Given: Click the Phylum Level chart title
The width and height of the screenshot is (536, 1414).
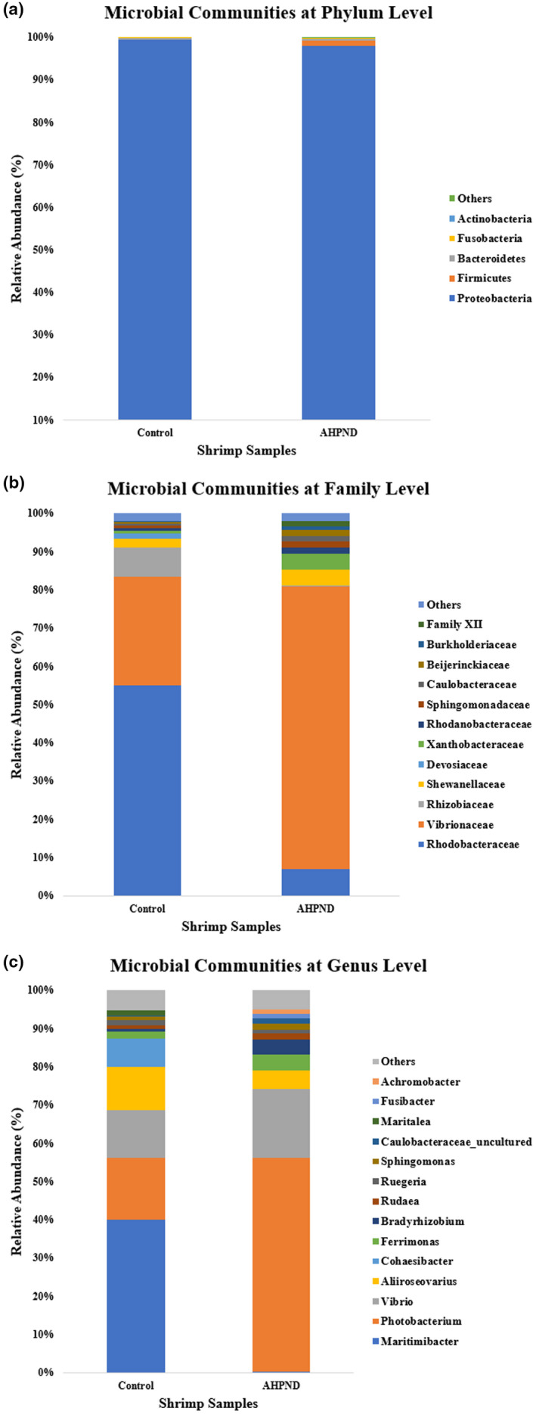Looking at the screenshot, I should [268, 13].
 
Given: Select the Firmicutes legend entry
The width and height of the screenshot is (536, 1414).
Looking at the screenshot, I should [484, 278].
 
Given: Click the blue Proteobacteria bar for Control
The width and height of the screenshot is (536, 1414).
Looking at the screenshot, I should [154, 227].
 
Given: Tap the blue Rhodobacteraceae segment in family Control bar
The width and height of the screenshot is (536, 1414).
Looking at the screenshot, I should [147, 790].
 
